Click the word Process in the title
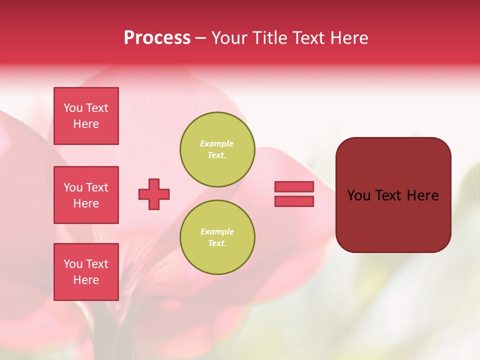click(x=157, y=38)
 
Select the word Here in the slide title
click(x=348, y=38)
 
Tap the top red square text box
click(x=86, y=116)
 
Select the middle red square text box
click(x=86, y=195)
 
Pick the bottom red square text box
click(x=86, y=272)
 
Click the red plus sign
click(x=154, y=194)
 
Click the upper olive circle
click(x=217, y=149)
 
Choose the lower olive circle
click(x=217, y=237)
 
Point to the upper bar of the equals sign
click(x=294, y=186)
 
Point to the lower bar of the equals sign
click(x=294, y=201)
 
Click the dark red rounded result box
click(x=393, y=220)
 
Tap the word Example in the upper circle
click(x=216, y=143)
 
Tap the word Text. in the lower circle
click(x=217, y=243)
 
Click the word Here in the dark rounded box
click(x=422, y=195)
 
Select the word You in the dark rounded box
click(x=358, y=195)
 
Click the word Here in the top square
click(x=86, y=124)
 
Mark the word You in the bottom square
click(x=73, y=264)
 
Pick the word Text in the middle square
click(x=97, y=187)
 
